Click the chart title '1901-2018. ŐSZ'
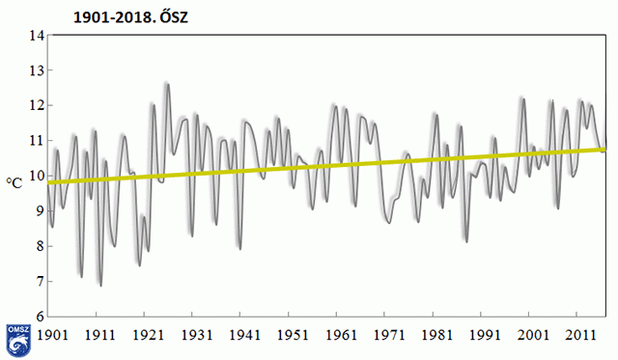[131, 17]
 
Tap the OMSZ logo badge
[18, 340]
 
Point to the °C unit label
[14, 182]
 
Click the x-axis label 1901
[52, 335]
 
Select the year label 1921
[148, 335]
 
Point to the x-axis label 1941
[244, 335]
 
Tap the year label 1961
[341, 335]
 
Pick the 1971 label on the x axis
[389, 335]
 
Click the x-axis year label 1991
[485, 335]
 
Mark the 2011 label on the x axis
[580, 335]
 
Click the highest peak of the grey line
[167, 84]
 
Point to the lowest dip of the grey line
[100, 286]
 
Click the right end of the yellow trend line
[605, 150]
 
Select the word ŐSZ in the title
[174, 17]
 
